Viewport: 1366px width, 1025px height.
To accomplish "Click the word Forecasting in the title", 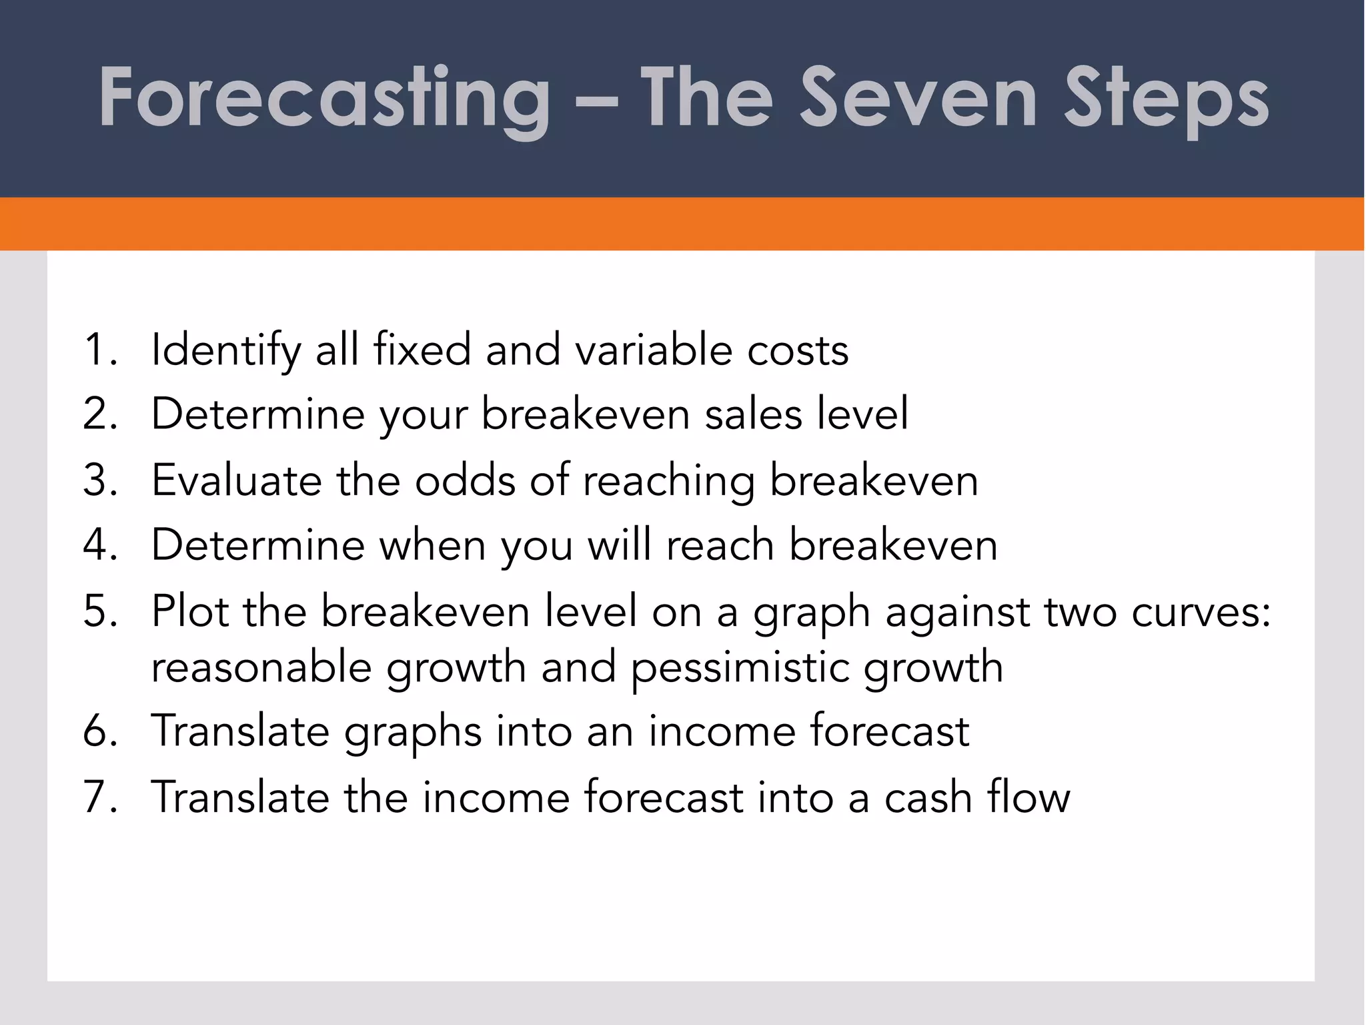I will click(324, 99).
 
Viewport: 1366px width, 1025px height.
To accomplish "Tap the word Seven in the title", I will click(918, 99).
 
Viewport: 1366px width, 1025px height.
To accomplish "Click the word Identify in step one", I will click(225, 351).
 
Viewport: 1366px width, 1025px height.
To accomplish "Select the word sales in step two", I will click(753, 414).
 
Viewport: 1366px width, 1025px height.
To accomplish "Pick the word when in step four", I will click(432, 545).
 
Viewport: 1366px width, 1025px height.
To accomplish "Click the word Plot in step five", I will click(189, 611).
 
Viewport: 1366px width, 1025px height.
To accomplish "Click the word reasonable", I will click(261, 667).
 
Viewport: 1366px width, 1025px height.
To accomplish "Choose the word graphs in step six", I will click(412, 733).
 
